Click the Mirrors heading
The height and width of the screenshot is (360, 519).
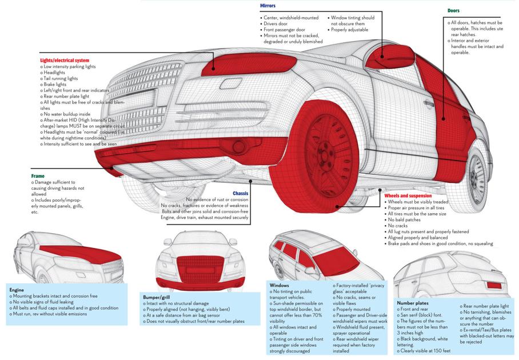click(x=268, y=6)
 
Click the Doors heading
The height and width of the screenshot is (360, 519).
click(x=453, y=10)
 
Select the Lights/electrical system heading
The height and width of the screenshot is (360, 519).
click(x=64, y=60)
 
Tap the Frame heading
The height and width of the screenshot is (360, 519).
click(x=38, y=176)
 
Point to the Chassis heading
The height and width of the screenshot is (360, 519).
click(x=240, y=194)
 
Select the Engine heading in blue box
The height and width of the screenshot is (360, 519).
click(x=17, y=290)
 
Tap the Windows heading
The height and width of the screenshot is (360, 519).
click(x=279, y=285)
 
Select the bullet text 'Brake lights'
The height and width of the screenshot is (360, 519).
click(x=54, y=85)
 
